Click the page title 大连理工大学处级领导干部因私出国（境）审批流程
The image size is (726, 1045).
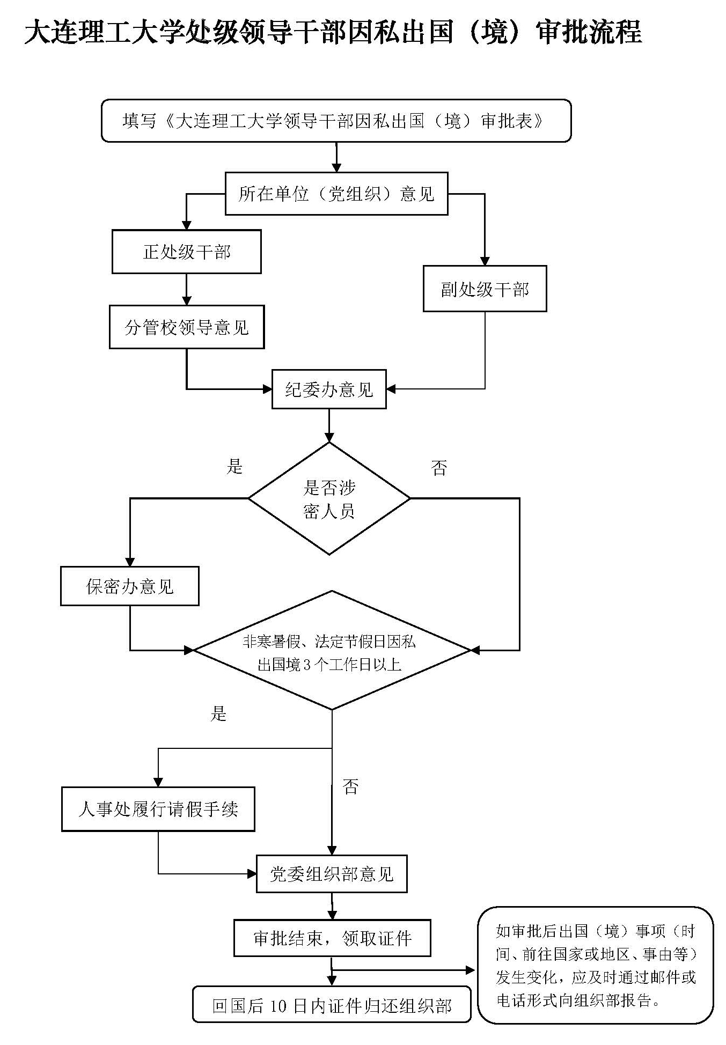pos(333,32)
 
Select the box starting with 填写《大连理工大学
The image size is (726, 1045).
pos(336,121)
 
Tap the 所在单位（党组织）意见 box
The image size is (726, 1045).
pos(336,194)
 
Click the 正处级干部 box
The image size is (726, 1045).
pos(186,252)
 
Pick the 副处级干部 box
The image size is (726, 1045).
pos(485,289)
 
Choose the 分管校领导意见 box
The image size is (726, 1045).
pos(186,327)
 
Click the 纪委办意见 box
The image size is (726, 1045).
pos(328,389)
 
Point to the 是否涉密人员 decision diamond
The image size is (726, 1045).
pos(329,499)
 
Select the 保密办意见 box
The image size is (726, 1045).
pos(129,586)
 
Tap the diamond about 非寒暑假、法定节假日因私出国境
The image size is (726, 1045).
pos(331,651)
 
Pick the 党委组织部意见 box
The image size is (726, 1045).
pos(331,874)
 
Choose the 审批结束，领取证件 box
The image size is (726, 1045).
pos(332,938)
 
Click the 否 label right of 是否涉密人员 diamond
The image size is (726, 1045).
pos(438,468)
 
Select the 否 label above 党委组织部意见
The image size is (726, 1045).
pos(350,787)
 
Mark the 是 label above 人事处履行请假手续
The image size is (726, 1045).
pos(218,713)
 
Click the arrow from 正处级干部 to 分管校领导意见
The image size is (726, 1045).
pos(186,290)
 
